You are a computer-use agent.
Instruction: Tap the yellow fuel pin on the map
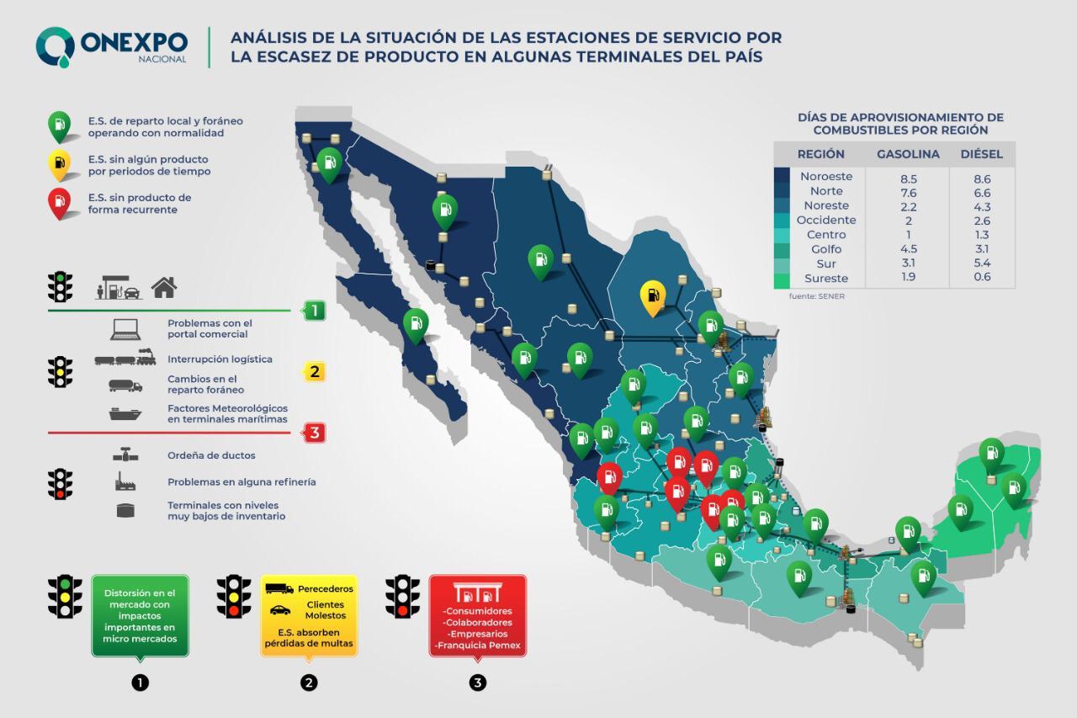[653, 296]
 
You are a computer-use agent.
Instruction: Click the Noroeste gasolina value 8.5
[908, 178]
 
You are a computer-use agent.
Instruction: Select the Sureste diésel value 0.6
[982, 278]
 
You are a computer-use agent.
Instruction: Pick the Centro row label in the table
[825, 235]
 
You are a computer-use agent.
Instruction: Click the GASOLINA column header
[908, 155]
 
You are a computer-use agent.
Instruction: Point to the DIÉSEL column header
[981, 155]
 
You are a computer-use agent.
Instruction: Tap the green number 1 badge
[314, 311]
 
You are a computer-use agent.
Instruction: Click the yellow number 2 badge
[314, 371]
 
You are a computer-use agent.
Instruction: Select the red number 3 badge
[314, 433]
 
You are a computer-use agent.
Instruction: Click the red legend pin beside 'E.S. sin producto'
[59, 201]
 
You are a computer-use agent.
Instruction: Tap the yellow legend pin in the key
[59, 163]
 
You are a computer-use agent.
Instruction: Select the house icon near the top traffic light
[164, 289]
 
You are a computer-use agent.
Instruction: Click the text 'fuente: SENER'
[816, 296]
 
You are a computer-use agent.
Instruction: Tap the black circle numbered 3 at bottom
[478, 683]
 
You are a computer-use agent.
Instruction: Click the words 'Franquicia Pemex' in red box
[478, 646]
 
